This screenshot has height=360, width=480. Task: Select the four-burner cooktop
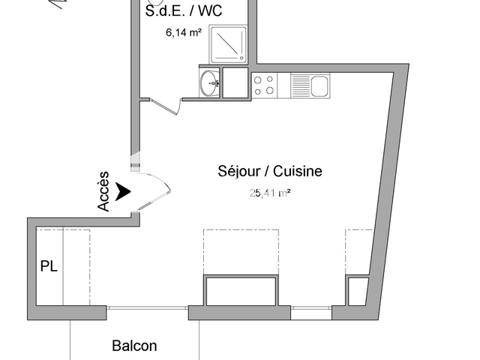[264, 85]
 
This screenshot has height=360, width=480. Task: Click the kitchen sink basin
[319, 85]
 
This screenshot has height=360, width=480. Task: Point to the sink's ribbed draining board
[300, 85]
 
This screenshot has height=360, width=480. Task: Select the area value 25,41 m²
[269, 193]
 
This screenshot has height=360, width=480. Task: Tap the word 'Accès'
[104, 191]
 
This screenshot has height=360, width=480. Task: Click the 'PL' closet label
[49, 266]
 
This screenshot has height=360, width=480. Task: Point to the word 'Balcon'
[134, 346]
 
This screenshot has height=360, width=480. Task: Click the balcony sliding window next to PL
[146, 307]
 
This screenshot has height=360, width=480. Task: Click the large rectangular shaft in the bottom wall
[241, 290]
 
